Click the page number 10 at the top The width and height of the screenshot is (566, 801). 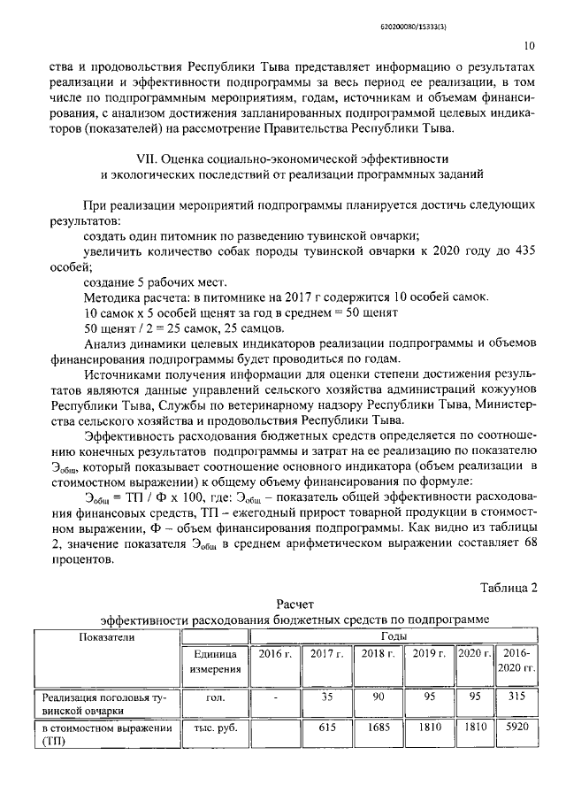[529, 46]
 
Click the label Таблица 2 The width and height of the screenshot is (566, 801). [508, 587]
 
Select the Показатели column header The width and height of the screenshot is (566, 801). [106, 636]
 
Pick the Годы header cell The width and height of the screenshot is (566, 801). [394, 636]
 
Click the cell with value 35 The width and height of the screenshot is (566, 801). [327, 697]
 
